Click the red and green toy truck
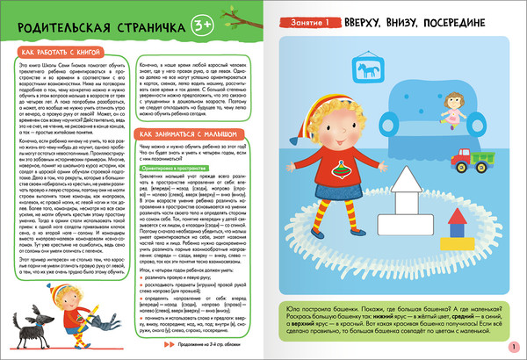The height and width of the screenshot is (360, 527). (486, 161)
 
